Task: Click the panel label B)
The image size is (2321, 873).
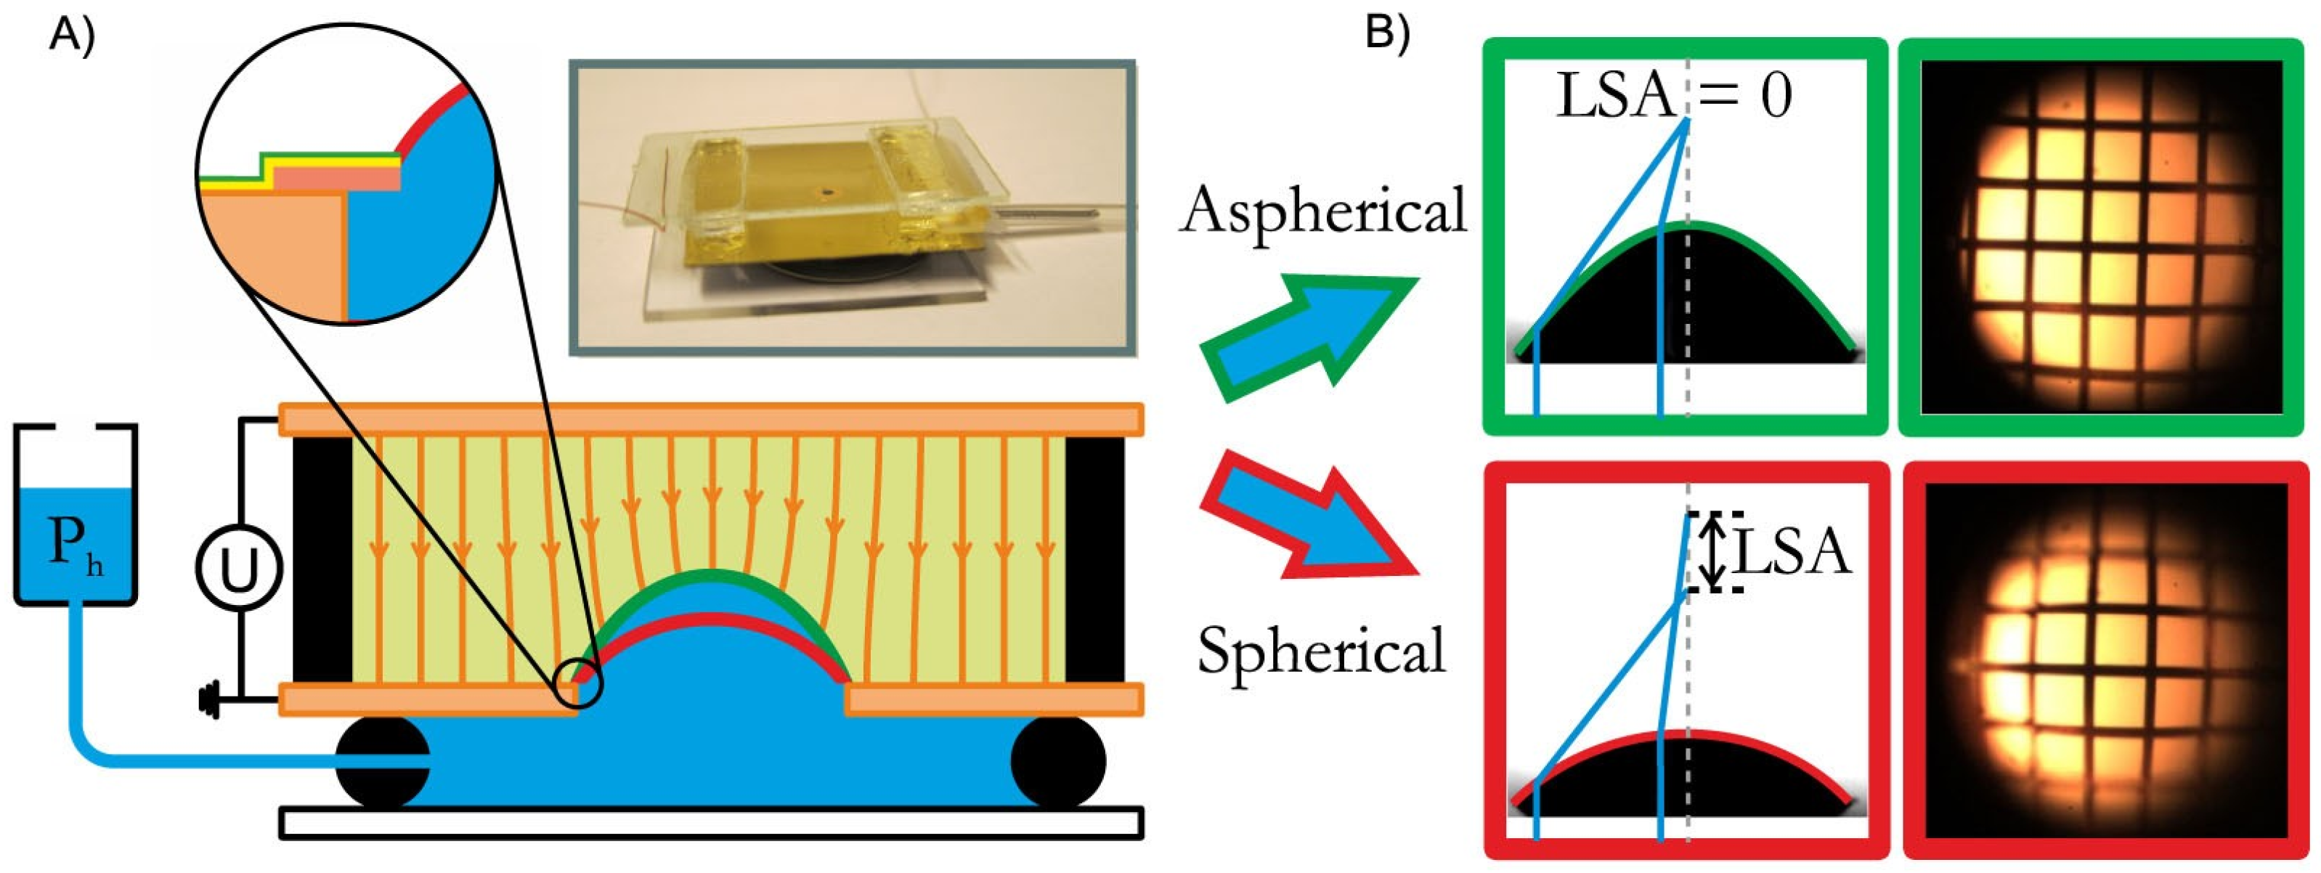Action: tap(1388, 34)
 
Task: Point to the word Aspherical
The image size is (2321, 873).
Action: tap(1322, 213)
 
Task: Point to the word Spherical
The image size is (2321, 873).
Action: tap(1321, 651)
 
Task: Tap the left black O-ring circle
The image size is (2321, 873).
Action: tap(382, 762)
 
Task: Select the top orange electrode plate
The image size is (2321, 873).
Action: tap(711, 420)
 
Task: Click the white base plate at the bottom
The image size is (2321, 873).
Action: tap(711, 823)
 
